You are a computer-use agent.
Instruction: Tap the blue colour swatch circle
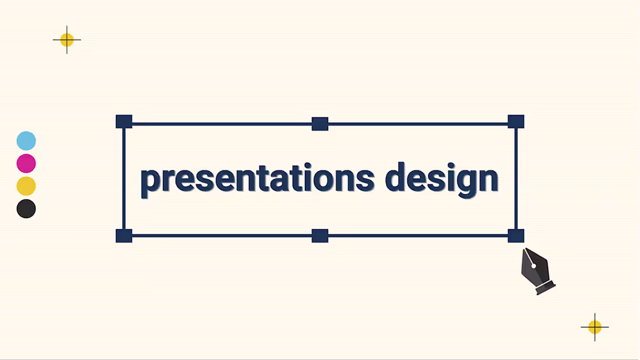[x=26, y=141]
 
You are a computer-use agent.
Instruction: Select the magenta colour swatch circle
[x=26, y=163]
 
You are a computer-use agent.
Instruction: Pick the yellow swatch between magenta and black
[x=26, y=186]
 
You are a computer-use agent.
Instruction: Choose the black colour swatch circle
[x=26, y=208]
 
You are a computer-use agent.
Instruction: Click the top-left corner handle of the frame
[x=124, y=122]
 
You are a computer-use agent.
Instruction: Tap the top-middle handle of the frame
[x=320, y=124]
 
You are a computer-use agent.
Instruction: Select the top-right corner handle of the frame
[x=516, y=122]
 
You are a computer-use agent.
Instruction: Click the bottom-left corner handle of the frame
[x=124, y=236]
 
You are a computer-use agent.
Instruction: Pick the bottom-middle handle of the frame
[x=320, y=236]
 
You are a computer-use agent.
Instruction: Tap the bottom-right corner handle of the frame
[x=516, y=236]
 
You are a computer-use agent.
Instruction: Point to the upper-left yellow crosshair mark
[x=67, y=40]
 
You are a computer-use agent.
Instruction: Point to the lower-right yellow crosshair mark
[x=595, y=327]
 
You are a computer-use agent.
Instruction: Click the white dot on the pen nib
[x=534, y=266]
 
